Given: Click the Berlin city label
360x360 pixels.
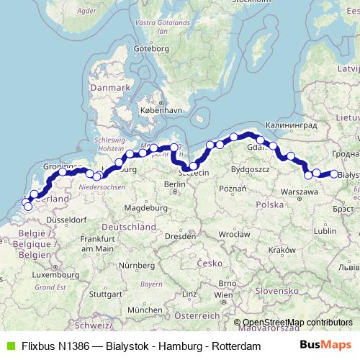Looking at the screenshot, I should (176, 184).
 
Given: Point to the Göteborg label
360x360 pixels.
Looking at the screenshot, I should (151, 48).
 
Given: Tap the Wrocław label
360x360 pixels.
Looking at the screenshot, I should (234, 234).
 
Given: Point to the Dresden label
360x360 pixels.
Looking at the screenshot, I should (176, 235).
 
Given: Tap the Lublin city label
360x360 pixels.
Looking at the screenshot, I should (325, 231).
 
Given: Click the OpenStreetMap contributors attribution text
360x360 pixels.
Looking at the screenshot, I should (297, 322).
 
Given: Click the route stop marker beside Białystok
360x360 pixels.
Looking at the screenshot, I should (334, 173).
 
